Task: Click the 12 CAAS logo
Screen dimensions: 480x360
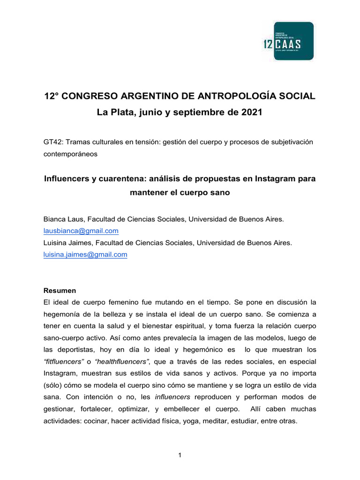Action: pyautogui.click(x=287, y=41)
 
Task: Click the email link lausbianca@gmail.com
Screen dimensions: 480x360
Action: pyautogui.click(x=81, y=231)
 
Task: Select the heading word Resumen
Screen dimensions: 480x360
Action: pyautogui.click(x=60, y=290)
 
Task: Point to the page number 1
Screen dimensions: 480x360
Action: pyautogui.click(x=180, y=455)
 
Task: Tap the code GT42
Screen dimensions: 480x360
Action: pyautogui.click(x=52, y=142)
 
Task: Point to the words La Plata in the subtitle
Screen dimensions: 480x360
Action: pyautogui.click(x=115, y=113)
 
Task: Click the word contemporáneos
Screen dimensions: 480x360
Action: pyautogui.click(x=70, y=154)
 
